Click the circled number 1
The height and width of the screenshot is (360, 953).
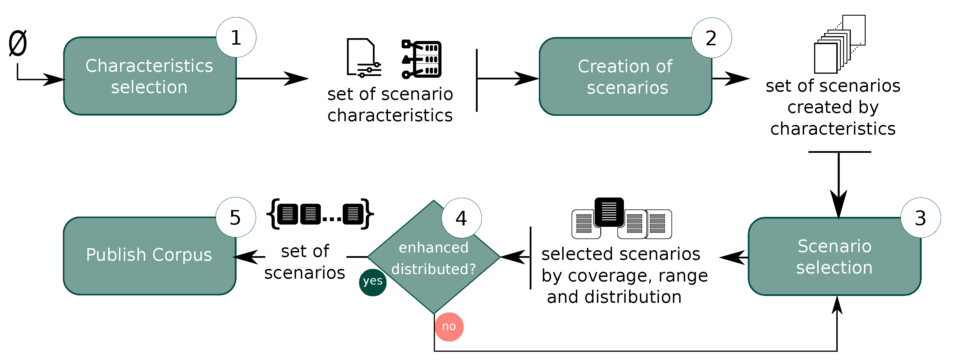(236, 37)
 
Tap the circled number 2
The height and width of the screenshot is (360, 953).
(711, 38)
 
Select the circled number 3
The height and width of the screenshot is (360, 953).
(921, 218)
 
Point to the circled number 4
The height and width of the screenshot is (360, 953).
(461, 218)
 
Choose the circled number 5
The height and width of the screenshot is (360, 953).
(236, 217)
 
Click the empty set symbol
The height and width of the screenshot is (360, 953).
(18, 44)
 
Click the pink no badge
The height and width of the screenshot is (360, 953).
(449, 327)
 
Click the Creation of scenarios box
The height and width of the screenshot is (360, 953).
(625, 77)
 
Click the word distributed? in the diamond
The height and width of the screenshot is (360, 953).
(434, 269)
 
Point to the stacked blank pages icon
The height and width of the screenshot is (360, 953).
(839, 44)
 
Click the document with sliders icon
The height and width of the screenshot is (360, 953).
(363, 58)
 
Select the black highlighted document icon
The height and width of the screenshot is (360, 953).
(609, 212)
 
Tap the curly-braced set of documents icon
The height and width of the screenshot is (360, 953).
(320, 214)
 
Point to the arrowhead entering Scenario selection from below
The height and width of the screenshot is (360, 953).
(837, 305)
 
